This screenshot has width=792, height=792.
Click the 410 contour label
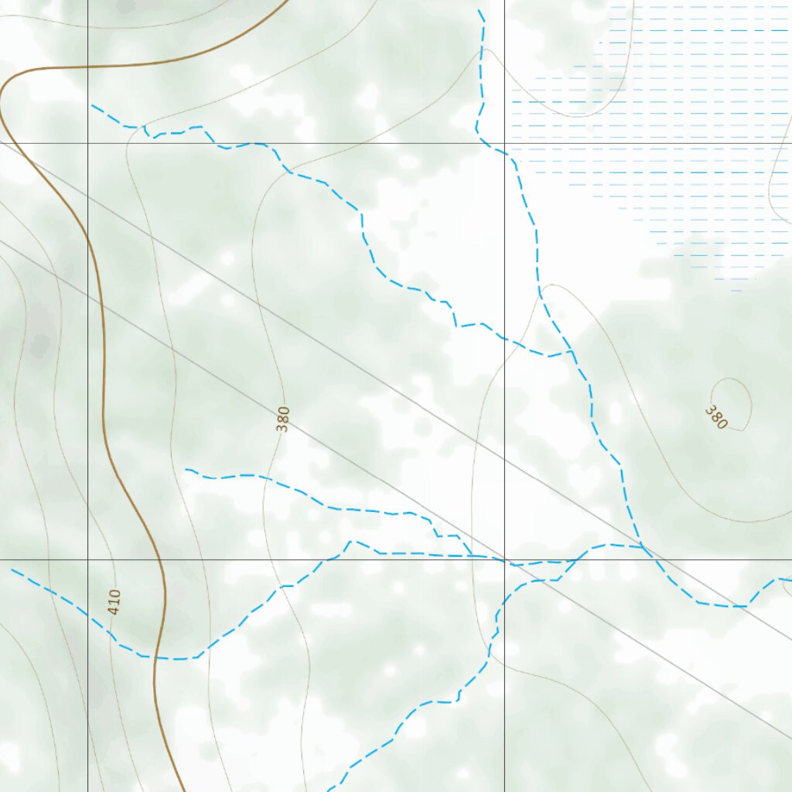coord(114,603)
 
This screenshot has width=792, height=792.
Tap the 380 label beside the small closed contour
coord(716,417)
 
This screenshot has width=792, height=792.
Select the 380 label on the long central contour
coord(283,418)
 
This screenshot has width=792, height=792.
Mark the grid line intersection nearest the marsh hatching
coord(504,143)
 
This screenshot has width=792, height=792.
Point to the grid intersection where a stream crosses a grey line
coord(504,559)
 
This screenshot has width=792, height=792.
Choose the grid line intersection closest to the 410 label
coord(87,559)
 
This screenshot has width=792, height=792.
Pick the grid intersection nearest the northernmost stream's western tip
coord(87,143)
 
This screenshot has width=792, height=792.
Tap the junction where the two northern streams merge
coord(573,353)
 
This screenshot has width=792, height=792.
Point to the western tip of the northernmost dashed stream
coord(92,104)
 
